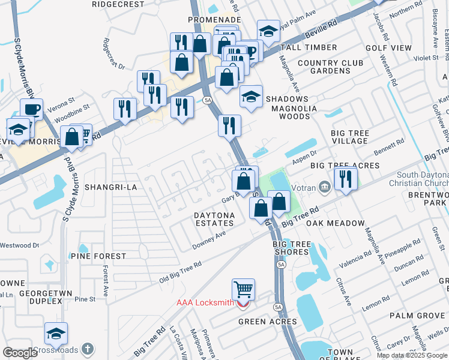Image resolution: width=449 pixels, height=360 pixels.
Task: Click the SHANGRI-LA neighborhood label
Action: coord(111,187)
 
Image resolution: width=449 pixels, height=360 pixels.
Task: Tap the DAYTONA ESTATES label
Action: coord(214,219)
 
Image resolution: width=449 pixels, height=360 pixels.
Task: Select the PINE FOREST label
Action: coord(98,256)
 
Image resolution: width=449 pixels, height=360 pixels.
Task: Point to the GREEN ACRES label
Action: coord(268,322)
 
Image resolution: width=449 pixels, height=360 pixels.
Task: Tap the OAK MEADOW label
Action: coord(336,223)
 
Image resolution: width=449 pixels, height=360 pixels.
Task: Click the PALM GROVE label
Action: coord(417,316)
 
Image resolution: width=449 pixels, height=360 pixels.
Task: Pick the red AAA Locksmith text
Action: coord(205,302)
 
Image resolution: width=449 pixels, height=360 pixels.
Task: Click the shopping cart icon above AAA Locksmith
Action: coord(243,290)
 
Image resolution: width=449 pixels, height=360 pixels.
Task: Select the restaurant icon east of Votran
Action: coord(345,179)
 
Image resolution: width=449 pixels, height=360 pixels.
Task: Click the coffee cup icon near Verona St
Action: coord(31,109)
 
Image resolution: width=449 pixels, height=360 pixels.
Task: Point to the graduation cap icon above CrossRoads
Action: coord(56,334)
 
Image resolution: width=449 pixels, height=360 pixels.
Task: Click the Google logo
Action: coord(19,352)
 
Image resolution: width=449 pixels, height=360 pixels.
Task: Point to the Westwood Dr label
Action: coord(19,245)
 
